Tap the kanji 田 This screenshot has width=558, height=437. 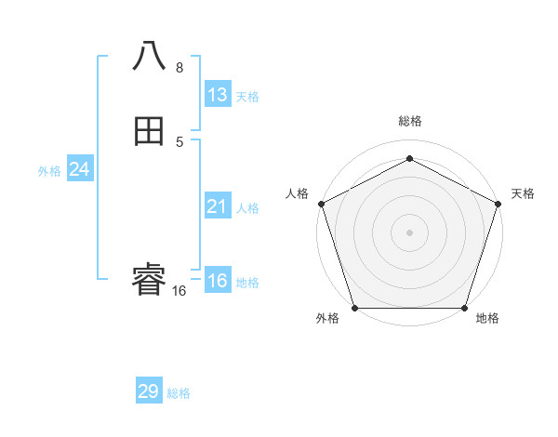[149, 132]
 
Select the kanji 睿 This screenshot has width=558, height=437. [149, 279]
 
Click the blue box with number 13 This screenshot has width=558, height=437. [218, 95]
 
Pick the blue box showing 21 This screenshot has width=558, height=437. [218, 206]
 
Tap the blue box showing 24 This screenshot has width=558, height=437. [79, 169]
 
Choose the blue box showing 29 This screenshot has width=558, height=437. [149, 391]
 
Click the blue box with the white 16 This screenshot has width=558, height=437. [218, 281]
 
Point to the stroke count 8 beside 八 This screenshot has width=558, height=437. [179, 68]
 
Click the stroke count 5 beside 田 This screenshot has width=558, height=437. [179, 142]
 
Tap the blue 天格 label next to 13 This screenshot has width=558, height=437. [247, 97]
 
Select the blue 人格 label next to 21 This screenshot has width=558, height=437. [247, 208]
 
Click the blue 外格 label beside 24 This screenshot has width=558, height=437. [49, 171]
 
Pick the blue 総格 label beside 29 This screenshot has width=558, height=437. [179, 393]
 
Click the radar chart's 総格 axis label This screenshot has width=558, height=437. [409, 121]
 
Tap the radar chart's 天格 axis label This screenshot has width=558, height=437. [523, 193]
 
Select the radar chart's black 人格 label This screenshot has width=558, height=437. [297, 193]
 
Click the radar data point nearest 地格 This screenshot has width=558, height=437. [464, 308]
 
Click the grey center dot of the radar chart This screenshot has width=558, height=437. [409, 232]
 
